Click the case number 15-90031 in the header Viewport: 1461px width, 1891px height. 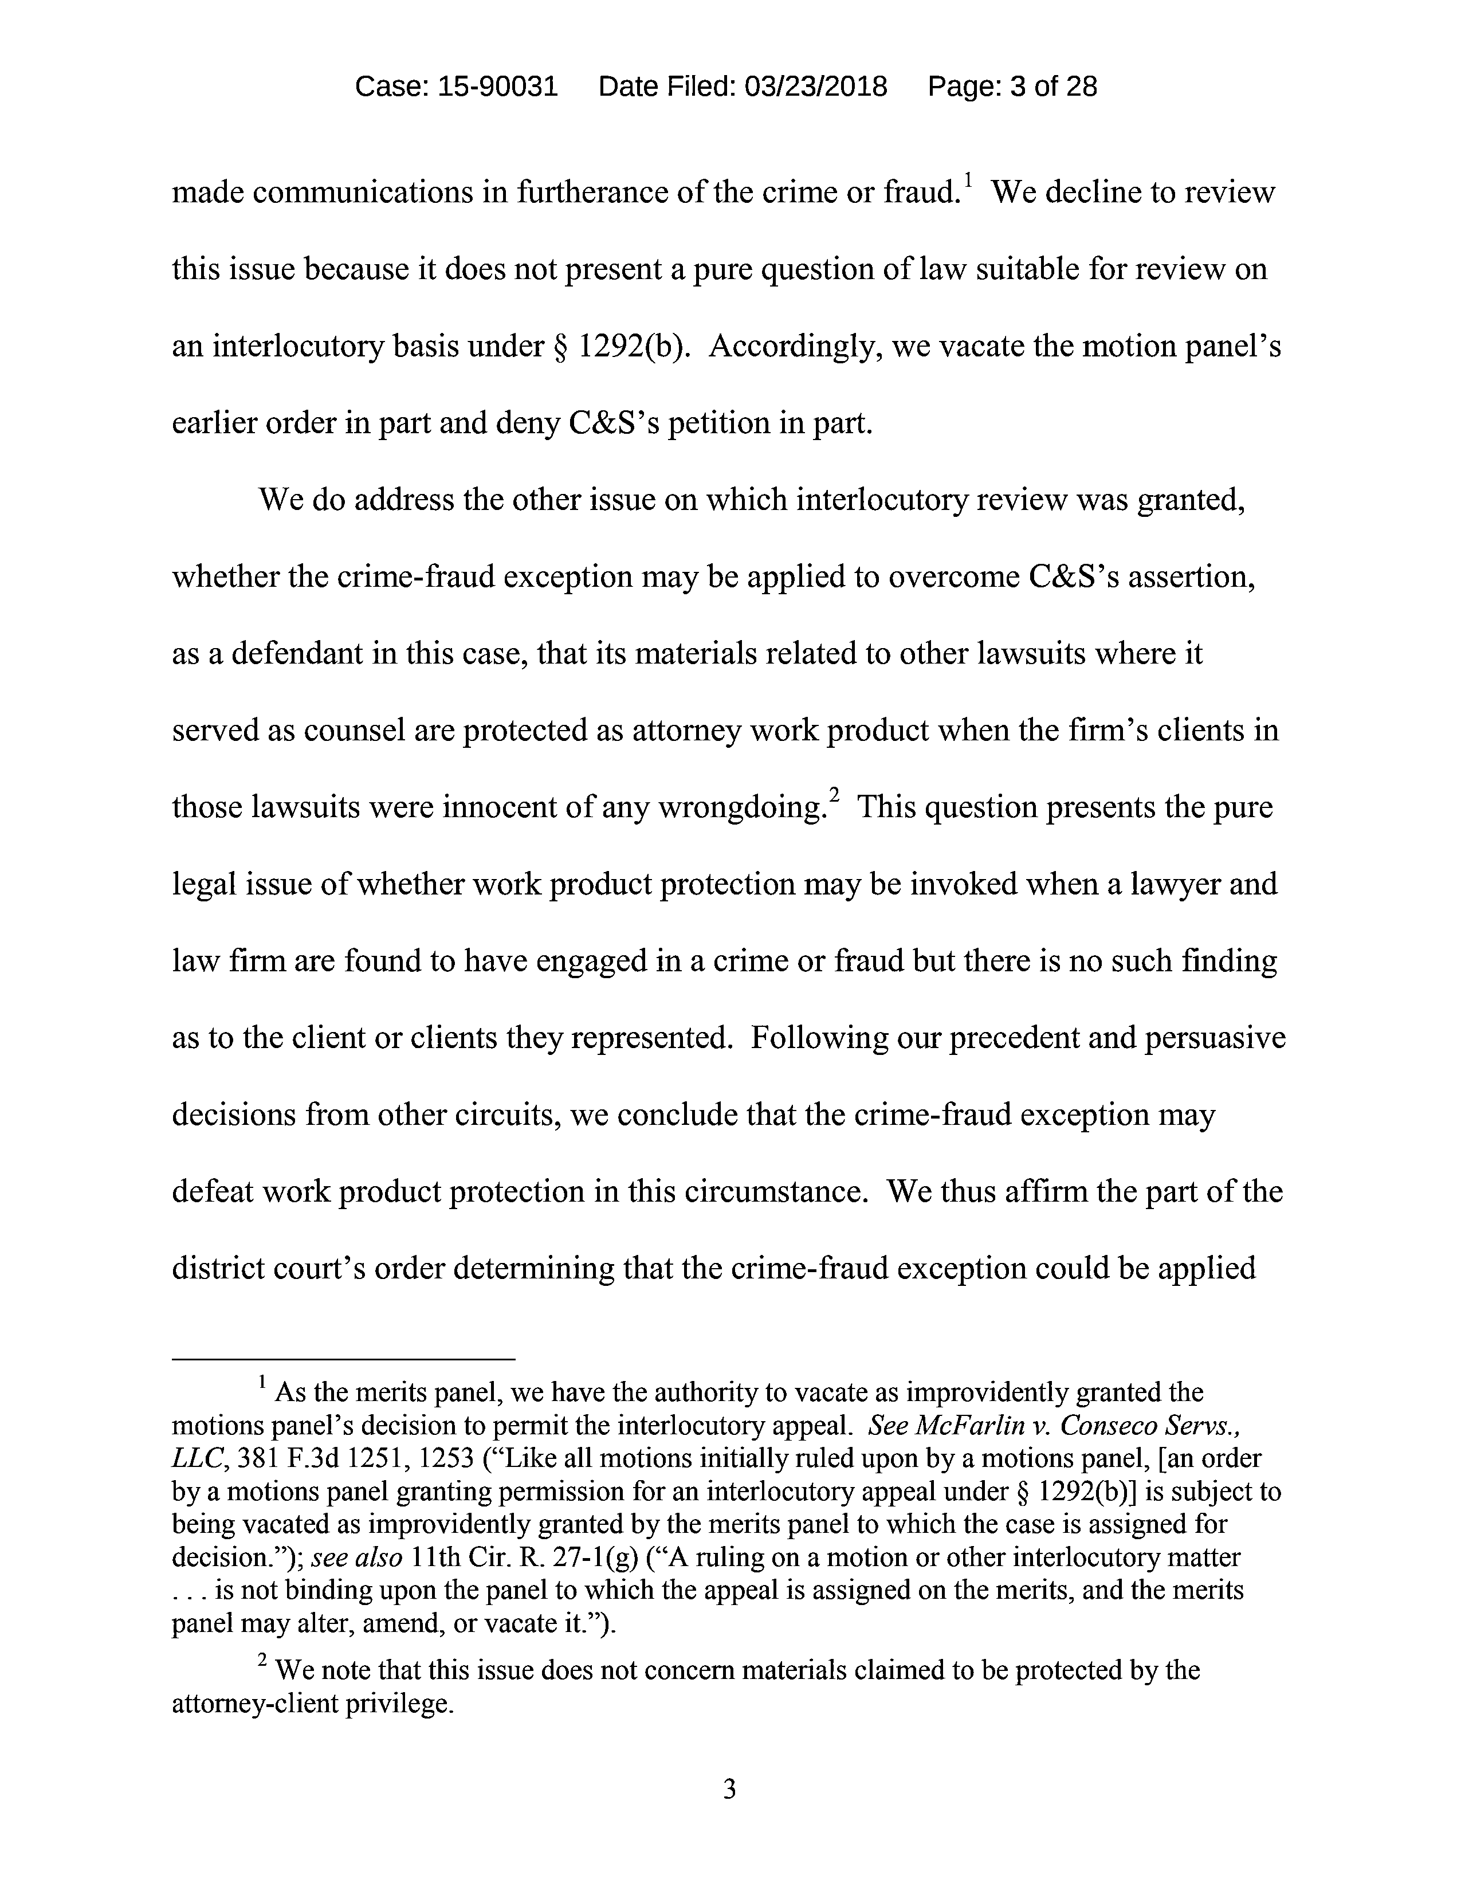click(498, 87)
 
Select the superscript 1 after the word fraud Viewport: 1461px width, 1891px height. click(968, 181)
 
